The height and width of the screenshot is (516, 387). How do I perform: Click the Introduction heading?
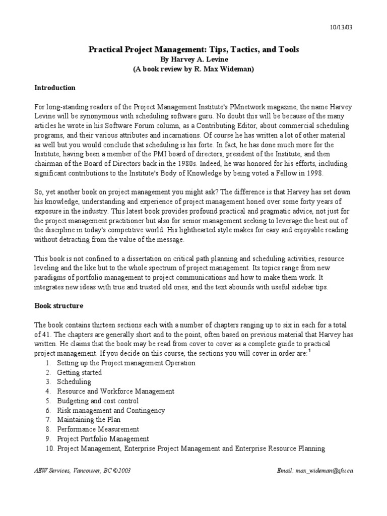(55, 88)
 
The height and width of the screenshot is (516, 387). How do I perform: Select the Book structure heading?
(59, 305)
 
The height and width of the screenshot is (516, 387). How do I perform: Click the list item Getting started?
(79, 372)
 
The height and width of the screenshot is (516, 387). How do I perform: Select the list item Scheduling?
(74, 382)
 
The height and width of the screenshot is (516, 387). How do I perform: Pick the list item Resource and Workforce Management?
(115, 391)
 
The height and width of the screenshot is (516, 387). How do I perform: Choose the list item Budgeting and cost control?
(98, 401)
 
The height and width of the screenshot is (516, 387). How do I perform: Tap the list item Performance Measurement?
(98, 429)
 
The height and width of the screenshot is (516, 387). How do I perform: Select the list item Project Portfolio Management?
(103, 438)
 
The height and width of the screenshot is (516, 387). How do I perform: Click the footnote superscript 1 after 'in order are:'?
(309, 352)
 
